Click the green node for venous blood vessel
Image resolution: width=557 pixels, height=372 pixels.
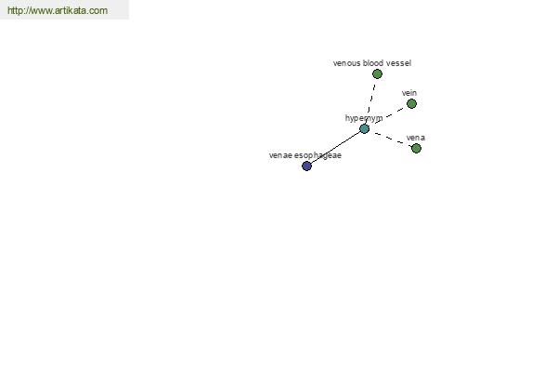click(377, 74)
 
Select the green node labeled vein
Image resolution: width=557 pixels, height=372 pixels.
click(411, 104)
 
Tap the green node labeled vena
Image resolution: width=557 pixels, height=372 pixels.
click(416, 148)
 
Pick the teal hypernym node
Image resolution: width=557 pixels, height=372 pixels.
click(365, 129)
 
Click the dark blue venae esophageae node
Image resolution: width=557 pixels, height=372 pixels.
click(306, 166)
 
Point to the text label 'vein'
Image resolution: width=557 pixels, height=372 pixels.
click(409, 93)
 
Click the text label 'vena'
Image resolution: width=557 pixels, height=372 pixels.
click(416, 138)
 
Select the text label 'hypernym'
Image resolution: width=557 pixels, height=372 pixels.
click(364, 118)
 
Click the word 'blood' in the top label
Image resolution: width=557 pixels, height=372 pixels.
click(373, 63)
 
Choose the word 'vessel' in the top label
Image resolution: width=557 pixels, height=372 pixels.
click(398, 63)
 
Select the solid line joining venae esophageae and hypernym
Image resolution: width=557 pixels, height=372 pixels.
click(336, 147)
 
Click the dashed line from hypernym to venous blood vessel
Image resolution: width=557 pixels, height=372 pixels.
click(370, 101)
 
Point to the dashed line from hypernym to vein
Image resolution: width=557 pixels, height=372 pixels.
click(388, 116)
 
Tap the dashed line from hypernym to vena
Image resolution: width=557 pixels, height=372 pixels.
click(390, 139)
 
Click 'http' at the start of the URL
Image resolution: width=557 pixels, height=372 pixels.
click(15, 10)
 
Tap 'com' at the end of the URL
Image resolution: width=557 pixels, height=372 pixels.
click(98, 11)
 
